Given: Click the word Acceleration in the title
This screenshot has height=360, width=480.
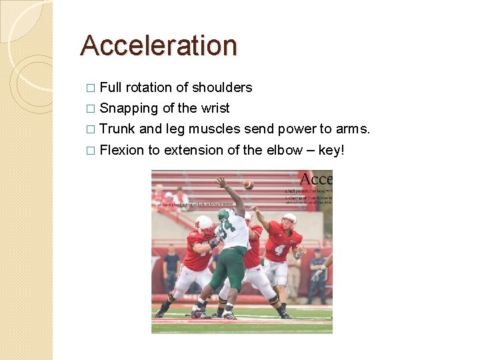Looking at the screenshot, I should coord(159,45).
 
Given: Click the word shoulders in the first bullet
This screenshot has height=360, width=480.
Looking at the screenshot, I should coord(222,87).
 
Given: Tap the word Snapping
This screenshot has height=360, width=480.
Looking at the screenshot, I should coord(131,108).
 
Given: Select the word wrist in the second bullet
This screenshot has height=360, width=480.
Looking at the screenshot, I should coord(215,108).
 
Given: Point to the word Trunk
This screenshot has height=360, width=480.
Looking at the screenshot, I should coord(117,129).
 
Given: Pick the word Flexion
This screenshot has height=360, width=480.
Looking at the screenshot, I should coord(121,150).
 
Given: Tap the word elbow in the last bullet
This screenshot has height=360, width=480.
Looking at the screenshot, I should coord(284,150).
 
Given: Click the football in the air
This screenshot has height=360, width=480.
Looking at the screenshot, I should coord(248,185).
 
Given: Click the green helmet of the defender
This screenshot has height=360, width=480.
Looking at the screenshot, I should coord(225,215).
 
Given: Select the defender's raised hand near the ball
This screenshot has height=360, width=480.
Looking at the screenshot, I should coord(221,181).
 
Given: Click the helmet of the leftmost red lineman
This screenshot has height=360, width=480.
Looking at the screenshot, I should coord(205,225).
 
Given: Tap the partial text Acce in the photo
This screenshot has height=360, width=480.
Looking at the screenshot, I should coord(315,179).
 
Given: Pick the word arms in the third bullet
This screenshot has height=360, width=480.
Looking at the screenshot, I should coord(351,129).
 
